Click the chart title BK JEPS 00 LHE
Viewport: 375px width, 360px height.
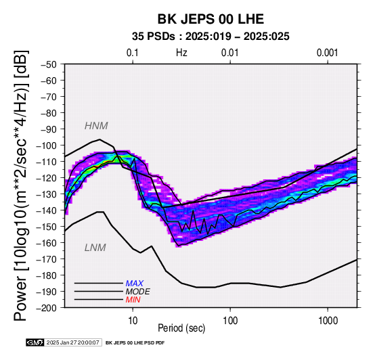(x=211, y=19)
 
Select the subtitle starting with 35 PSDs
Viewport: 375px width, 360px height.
(x=211, y=37)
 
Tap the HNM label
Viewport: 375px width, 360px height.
(x=96, y=126)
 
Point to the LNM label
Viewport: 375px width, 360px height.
(x=95, y=248)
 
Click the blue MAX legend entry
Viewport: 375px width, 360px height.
(x=135, y=284)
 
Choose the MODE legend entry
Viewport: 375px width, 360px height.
(x=138, y=292)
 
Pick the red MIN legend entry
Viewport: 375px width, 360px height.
(x=133, y=300)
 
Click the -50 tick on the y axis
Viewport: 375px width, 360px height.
(x=49, y=64)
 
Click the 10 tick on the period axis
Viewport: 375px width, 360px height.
(x=133, y=321)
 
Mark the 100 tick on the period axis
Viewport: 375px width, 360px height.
(x=230, y=321)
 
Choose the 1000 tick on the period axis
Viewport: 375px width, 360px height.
(x=328, y=321)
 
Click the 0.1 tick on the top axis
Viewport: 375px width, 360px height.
(x=133, y=53)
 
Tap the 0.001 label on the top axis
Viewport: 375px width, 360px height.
(x=327, y=53)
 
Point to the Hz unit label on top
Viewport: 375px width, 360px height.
(x=181, y=53)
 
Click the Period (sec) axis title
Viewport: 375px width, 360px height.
(x=181, y=328)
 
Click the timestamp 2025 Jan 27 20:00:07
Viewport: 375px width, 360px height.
(x=72, y=342)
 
